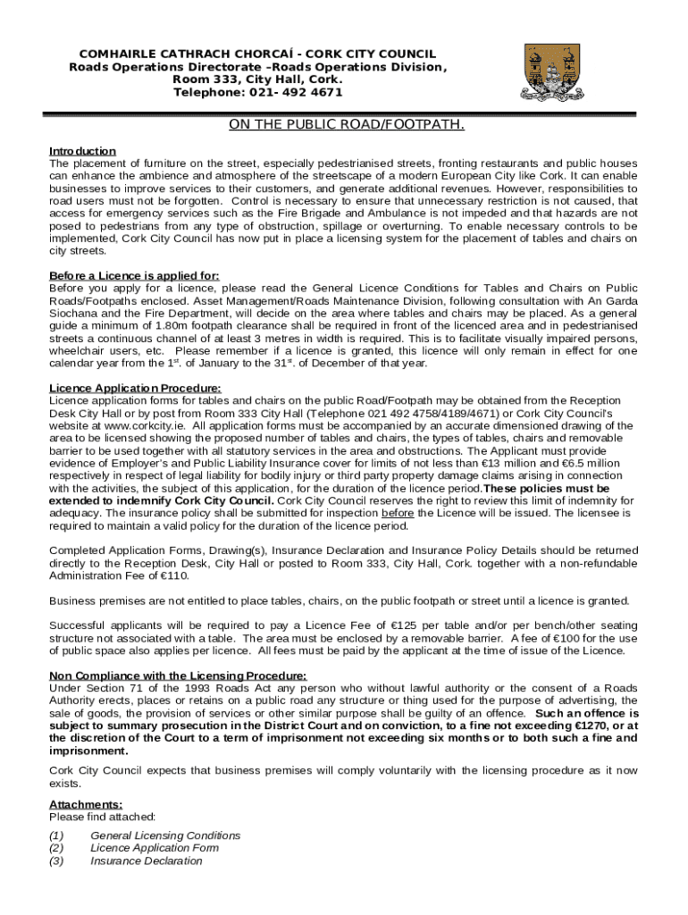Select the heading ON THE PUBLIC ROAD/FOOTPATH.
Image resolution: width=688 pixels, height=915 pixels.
347,125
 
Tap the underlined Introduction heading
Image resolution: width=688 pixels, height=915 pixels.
82,151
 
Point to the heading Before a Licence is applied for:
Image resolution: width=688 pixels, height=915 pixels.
134,275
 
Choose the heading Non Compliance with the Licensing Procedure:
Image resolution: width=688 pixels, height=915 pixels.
178,675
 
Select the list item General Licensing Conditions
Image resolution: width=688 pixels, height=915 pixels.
165,835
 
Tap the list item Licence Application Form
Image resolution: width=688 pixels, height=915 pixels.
154,848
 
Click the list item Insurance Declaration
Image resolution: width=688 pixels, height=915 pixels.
146,861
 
